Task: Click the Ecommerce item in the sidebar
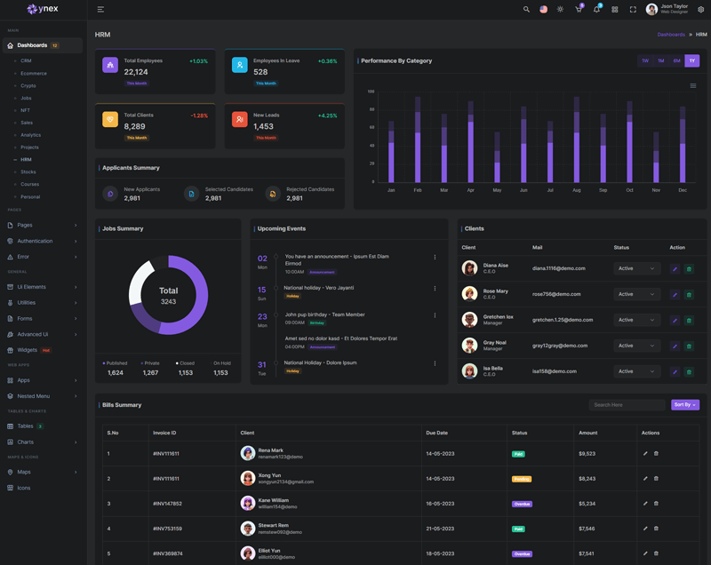(x=34, y=74)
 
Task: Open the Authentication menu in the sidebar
(x=36, y=241)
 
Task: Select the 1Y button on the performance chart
(x=692, y=60)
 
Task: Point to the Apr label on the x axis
(x=470, y=190)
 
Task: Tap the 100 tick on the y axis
(x=371, y=92)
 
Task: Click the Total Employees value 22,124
(x=136, y=72)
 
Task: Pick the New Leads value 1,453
(x=263, y=126)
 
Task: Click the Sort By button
(x=685, y=405)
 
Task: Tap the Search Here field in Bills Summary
(x=627, y=405)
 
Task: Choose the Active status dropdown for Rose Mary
(x=637, y=294)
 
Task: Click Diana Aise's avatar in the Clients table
(x=469, y=268)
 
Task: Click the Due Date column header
(x=436, y=433)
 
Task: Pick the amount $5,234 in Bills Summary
(x=587, y=504)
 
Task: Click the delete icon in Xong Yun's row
(x=657, y=479)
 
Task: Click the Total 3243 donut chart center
(x=168, y=296)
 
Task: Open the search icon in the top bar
(x=526, y=10)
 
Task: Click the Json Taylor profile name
(x=674, y=6)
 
